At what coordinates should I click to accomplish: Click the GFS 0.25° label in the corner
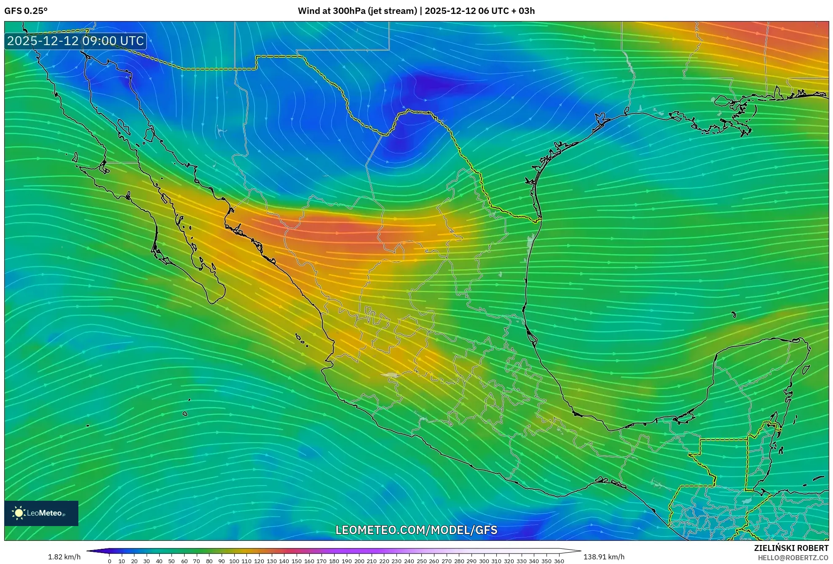coord(26,11)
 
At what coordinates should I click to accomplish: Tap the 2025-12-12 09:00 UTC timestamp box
coord(75,41)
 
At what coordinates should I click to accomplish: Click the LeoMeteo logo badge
coord(41,513)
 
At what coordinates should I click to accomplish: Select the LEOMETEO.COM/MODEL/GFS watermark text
coord(416,530)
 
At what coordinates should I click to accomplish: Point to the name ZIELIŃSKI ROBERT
coord(791,548)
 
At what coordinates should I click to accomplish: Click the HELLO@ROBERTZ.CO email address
coord(793,558)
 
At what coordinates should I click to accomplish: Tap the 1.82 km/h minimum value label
coord(64,557)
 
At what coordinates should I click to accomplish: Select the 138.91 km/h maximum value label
coord(604,557)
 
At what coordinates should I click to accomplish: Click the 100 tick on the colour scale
coord(234,561)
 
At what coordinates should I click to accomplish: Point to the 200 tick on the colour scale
coord(359,561)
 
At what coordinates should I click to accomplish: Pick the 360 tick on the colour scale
coord(559,561)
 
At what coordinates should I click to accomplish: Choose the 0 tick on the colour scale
coord(110,561)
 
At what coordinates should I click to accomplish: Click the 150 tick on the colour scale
coord(297,561)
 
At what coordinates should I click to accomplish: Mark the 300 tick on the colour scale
coord(484,561)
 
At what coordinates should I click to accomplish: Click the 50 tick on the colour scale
coord(171,561)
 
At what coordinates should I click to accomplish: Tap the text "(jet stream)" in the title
coord(392,11)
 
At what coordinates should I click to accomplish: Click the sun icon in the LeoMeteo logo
coord(19,513)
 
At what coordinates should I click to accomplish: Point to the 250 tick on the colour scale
coord(421,561)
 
